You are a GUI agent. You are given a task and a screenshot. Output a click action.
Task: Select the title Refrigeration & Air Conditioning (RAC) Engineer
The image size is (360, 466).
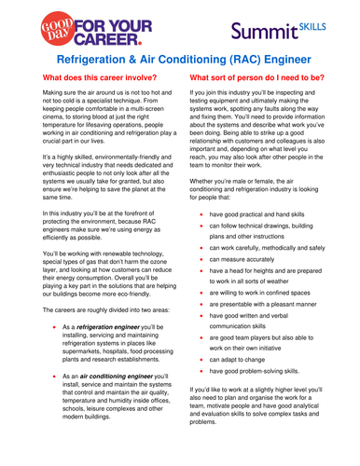point(179,60)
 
